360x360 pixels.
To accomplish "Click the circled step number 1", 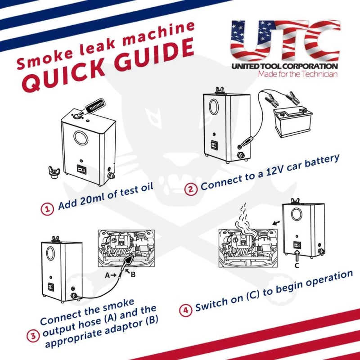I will coord(46,209).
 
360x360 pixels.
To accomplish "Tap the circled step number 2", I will coord(191,189).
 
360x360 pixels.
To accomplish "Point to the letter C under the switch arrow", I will coord(296,265).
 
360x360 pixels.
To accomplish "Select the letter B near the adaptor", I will coord(133,275).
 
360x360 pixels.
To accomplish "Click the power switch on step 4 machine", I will coord(297,245).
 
